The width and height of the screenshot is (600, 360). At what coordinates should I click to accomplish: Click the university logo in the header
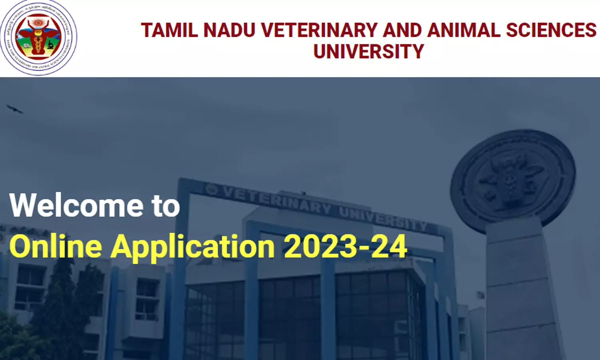coord(38,38)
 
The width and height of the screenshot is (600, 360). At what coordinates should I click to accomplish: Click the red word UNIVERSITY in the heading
coord(368,52)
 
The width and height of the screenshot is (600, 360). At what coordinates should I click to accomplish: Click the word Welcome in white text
coord(76,206)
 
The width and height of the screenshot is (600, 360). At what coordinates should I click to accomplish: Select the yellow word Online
coord(56,246)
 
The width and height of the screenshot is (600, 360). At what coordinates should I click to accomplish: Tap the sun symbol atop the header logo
coord(38,22)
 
